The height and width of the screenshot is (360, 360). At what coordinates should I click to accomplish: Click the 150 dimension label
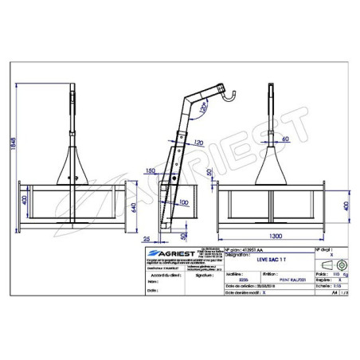pyautogui.click(x=152, y=171)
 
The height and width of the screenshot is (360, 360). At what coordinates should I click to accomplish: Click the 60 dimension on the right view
pyautogui.click(x=284, y=139)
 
